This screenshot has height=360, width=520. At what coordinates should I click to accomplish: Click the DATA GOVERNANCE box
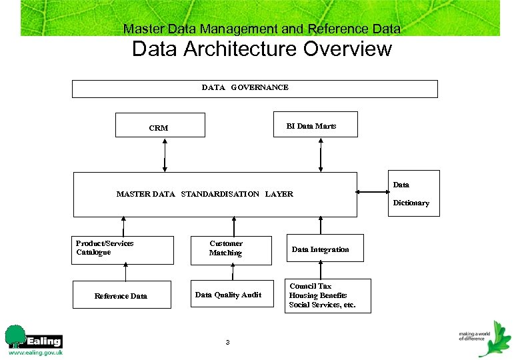click(255, 89)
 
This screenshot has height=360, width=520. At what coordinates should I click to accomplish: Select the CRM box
click(160, 125)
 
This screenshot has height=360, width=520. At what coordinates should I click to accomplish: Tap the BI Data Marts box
click(317, 125)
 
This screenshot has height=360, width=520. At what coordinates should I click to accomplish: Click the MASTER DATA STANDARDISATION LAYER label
click(205, 194)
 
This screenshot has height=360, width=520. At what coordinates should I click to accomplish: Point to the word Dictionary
click(411, 203)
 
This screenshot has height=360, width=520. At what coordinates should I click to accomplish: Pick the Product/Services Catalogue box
click(124, 250)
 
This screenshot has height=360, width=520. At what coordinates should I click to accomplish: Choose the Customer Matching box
click(232, 250)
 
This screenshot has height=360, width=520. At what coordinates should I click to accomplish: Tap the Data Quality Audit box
click(232, 294)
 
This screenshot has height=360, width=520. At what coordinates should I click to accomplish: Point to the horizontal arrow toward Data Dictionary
click(373, 193)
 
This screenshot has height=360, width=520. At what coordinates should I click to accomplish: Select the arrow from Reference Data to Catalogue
click(124, 272)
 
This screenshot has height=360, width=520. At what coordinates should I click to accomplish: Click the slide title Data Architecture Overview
click(261, 49)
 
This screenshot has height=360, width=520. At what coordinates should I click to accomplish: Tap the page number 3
click(227, 343)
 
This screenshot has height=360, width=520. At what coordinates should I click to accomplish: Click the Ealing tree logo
click(15, 336)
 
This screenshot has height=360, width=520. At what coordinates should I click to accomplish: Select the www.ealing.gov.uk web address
click(35, 352)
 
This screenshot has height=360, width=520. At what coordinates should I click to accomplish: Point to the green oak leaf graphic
click(495, 341)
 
